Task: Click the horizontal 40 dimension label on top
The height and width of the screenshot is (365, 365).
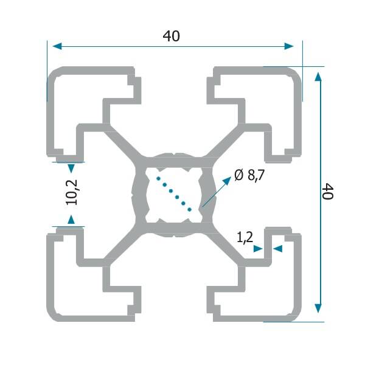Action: click(172, 36)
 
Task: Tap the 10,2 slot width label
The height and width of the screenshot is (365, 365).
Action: click(72, 193)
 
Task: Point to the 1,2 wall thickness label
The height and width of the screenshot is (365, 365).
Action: click(245, 238)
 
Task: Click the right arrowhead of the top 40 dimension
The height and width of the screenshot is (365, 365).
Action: click(290, 46)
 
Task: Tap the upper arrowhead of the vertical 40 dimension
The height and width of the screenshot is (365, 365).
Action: click(318, 75)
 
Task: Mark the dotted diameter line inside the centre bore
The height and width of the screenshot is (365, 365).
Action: click(175, 193)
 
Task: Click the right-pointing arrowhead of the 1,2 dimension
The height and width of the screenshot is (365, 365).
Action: click(259, 249)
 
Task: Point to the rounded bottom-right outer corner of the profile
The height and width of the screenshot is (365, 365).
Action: click(296, 315)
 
